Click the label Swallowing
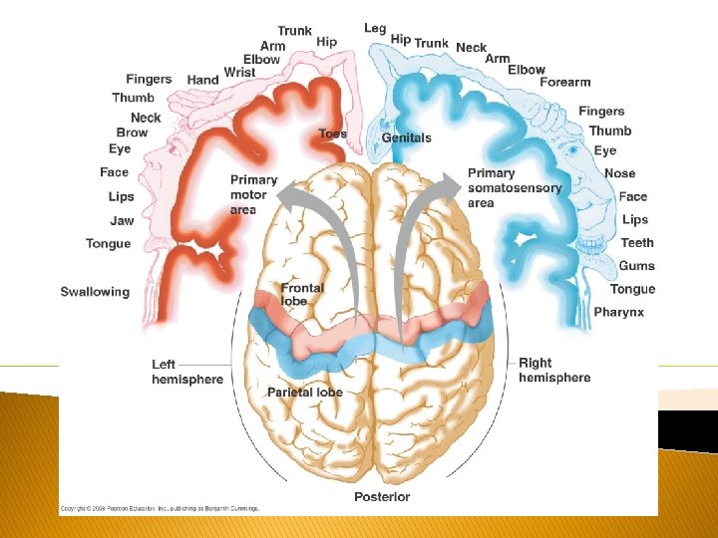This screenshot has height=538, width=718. coord(95,292)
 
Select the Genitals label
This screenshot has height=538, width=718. coord(407,137)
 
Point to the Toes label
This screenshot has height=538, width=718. coord(333,134)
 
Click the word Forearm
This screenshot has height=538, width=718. coord(565,83)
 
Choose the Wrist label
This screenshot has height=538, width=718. coord(240,73)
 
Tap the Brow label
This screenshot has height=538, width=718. coord(132,133)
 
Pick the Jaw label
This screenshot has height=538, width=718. coord(122,220)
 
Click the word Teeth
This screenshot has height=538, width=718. coord(637,242)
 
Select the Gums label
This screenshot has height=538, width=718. coord(636,266)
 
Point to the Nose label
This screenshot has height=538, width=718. coord(619,173)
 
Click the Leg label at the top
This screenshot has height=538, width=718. coord(375,28)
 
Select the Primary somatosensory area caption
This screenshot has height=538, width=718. coord(514,188)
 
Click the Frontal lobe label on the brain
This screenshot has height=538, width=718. coord(302,294)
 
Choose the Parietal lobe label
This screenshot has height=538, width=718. coord(304,393)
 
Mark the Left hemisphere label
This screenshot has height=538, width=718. coord(187,372)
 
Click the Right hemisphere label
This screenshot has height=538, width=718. coord(554,371)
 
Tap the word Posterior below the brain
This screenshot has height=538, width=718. coord(382,497)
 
